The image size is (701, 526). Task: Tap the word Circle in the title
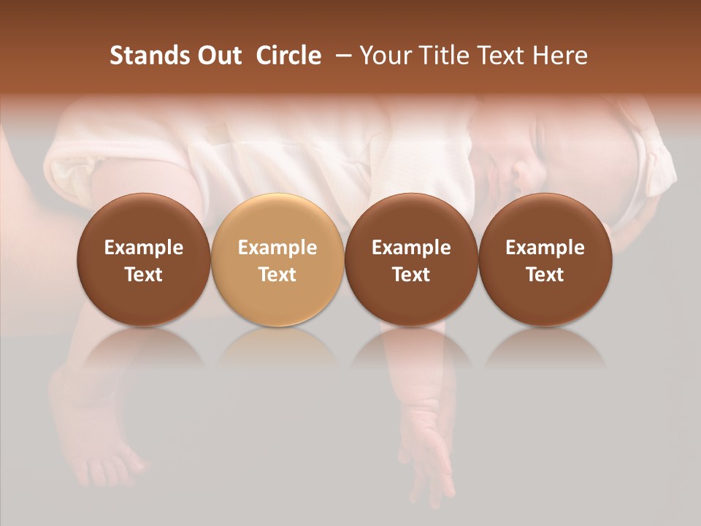pyautogui.click(x=288, y=56)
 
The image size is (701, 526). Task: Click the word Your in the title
pyautogui.click(x=383, y=56)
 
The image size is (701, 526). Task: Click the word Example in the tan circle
pyautogui.click(x=277, y=248)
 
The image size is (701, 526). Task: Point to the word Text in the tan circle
pyautogui.click(x=277, y=275)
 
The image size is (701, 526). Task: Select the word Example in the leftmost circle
pyautogui.click(x=143, y=248)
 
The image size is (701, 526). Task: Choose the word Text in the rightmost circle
pyautogui.click(x=545, y=275)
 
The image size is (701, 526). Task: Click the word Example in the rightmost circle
pyautogui.click(x=545, y=248)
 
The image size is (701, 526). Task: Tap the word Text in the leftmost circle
pyautogui.click(x=143, y=275)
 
